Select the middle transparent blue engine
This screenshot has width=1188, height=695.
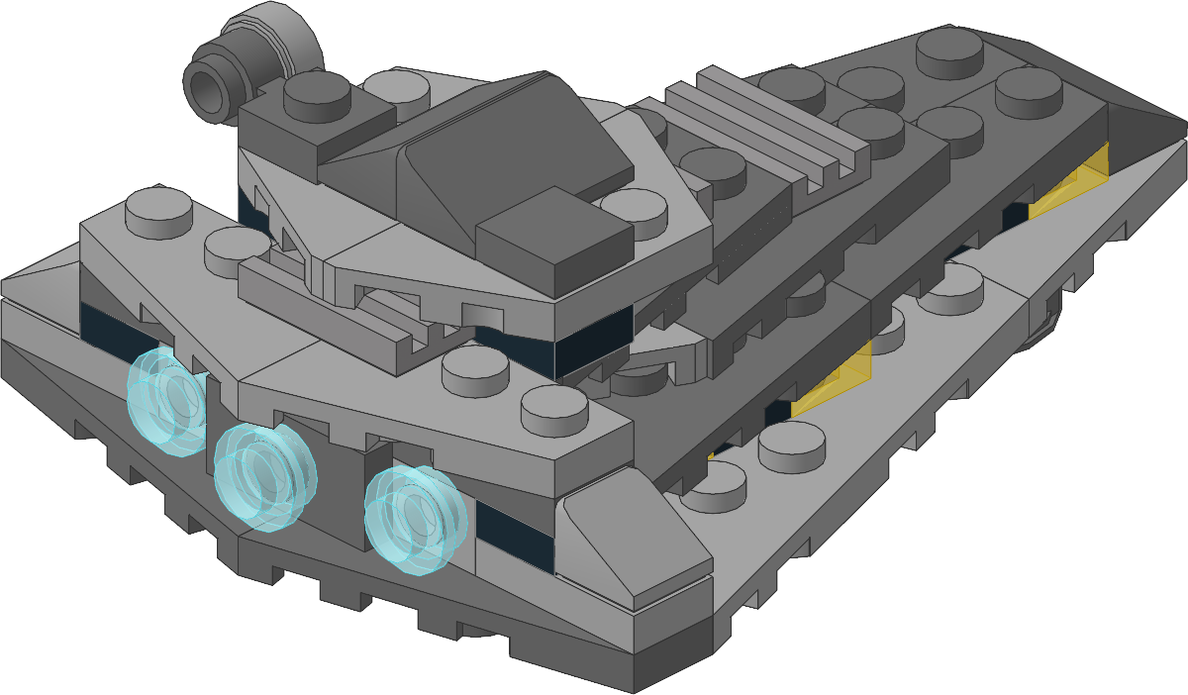[262, 475]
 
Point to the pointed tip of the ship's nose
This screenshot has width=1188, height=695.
[1173, 129]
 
